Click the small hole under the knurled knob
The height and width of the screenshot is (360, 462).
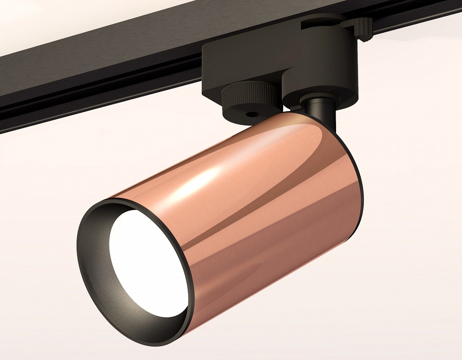click(248, 114)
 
